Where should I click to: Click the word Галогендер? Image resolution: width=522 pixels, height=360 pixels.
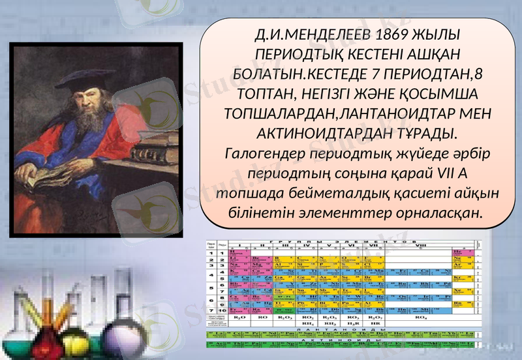coord(268,154)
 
